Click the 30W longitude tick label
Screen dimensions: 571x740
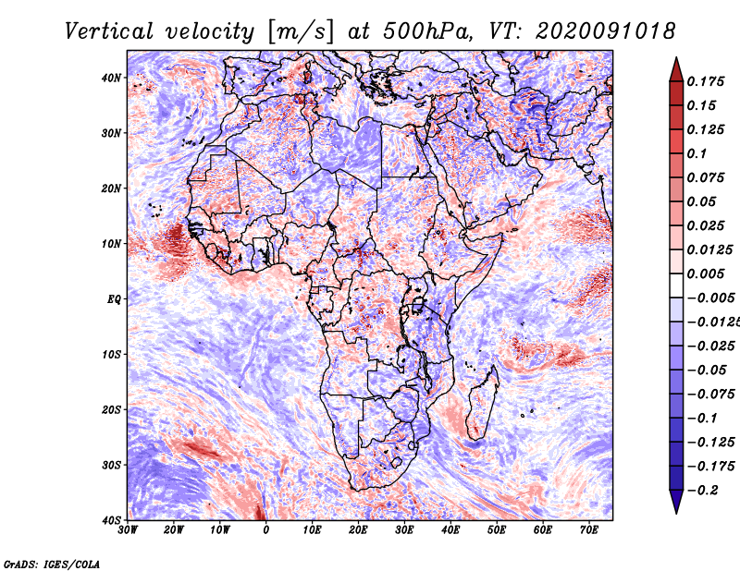click(128, 530)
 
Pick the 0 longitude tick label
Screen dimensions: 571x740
click(266, 530)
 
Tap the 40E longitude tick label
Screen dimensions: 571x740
click(450, 530)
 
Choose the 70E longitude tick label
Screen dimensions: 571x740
click(589, 530)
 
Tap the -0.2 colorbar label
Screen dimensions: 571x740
click(704, 490)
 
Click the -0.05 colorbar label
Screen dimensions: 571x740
click(708, 370)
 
